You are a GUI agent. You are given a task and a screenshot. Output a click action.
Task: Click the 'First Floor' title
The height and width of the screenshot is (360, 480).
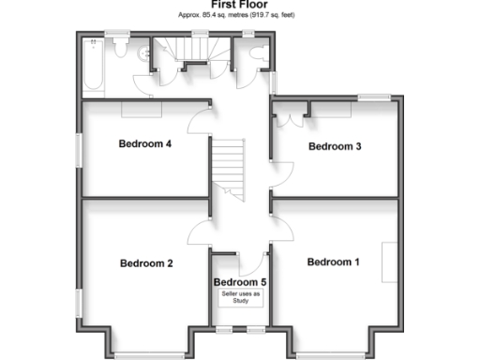coord(239,6)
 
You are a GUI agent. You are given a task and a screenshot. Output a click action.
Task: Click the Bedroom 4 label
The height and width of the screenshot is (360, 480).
coord(144,144)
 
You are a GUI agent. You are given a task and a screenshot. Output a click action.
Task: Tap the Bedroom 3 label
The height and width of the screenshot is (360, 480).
coord(335,146)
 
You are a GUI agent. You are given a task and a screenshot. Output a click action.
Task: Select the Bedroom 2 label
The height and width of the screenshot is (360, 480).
coord(146,263)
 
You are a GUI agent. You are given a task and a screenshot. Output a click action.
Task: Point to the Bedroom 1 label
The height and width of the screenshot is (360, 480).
coord(333,262)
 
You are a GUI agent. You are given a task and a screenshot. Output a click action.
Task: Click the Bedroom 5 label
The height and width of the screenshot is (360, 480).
coord(240,282)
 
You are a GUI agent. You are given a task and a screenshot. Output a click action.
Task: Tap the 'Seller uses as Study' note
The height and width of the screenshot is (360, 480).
coord(240,297)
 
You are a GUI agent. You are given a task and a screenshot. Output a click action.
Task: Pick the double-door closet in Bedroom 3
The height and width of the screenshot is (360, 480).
coord(291,117)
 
